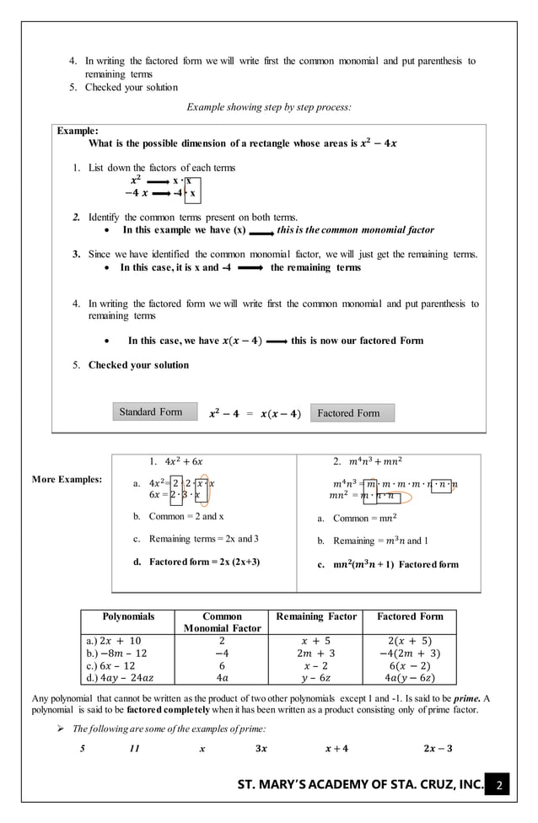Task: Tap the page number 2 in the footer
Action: pyautogui.click(x=498, y=788)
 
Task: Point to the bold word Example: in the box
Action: pyautogui.click(x=78, y=131)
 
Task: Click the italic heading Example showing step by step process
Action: pyautogui.click(x=268, y=107)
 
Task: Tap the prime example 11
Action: pyautogui.click(x=134, y=747)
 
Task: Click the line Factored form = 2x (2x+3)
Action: pyautogui.click(x=205, y=561)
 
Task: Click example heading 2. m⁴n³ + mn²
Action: pyautogui.click(x=368, y=461)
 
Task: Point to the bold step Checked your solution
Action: pyautogui.click(x=138, y=365)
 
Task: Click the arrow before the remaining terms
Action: pyautogui.click(x=250, y=267)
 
